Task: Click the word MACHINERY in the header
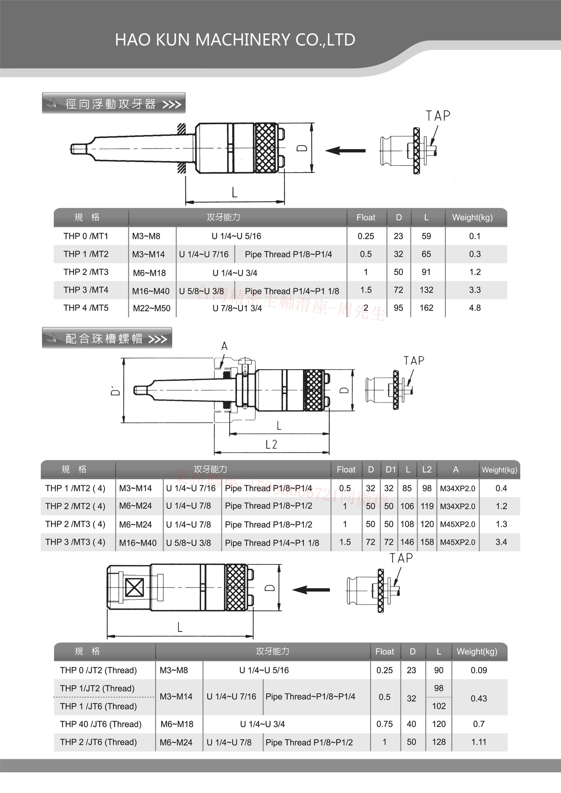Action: (x=242, y=40)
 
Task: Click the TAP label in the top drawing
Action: (x=438, y=116)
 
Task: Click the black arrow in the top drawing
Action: (x=345, y=151)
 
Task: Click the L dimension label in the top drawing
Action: (x=234, y=192)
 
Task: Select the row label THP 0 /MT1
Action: (x=86, y=236)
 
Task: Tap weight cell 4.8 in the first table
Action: (x=475, y=308)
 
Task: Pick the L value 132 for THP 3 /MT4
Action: (x=426, y=290)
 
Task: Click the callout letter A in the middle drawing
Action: (x=224, y=346)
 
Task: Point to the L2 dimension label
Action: (x=271, y=444)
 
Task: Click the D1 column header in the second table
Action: (x=390, y=470)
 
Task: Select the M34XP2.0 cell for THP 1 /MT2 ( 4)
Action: (x=457, y=489)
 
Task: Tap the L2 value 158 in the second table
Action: (x=427, y=542)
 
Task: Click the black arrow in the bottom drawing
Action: (x=311, y=590)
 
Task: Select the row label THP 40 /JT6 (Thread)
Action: (x=101, y=724)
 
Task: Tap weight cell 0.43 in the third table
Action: (x=479, y=698)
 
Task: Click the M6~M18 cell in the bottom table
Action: (x=177, y=724)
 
